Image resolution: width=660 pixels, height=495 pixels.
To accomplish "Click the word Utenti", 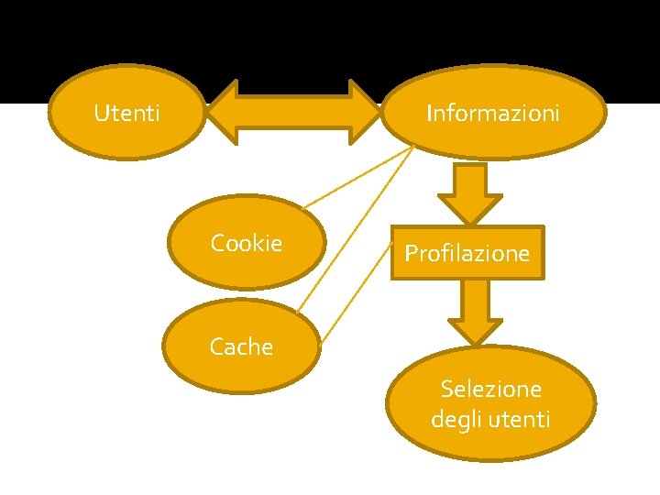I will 127,114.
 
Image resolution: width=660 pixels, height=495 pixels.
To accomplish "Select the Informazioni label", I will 492,114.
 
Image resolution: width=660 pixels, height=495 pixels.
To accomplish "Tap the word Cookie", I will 246,243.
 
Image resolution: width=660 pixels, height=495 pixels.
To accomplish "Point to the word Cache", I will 241,346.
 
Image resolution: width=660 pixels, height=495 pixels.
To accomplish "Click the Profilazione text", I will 467,253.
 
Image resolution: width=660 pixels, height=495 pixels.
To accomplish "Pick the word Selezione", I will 490,389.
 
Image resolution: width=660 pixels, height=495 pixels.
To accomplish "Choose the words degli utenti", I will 490,420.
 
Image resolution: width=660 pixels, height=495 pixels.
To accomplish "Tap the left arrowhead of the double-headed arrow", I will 220,113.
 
